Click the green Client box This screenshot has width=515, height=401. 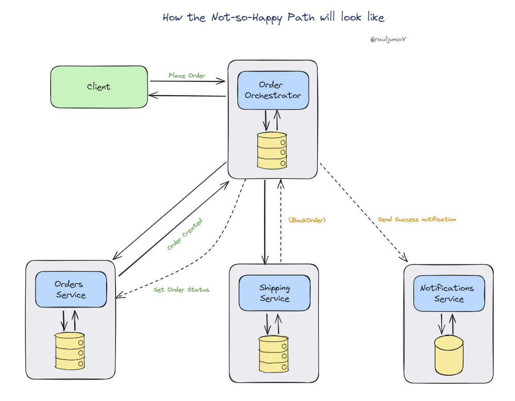99,87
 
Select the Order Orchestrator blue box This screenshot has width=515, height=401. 273,90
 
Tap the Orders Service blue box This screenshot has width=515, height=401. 71,289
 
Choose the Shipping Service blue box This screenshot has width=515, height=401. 275,293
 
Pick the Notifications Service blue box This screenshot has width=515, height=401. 449,293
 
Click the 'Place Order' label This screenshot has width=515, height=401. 187,75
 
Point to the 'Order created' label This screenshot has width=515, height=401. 184,234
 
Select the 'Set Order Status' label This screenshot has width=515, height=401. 181,289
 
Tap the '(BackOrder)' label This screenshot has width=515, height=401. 307,220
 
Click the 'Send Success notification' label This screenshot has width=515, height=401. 417,219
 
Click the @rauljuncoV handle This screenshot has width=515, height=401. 388,39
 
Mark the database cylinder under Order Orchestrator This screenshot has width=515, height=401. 272,150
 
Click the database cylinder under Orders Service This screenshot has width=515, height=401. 70,351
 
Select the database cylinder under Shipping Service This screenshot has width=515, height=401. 274,354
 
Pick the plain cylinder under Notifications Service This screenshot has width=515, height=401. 449,355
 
